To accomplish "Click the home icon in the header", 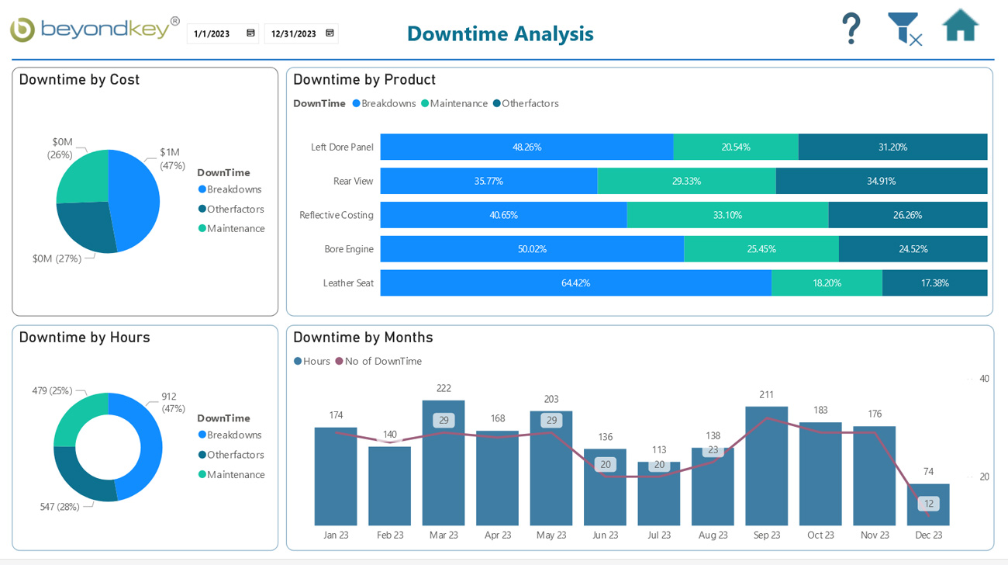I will pyautogui.click(x=960, y=26).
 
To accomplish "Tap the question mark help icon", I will pyautogui.click(x=851, y=29).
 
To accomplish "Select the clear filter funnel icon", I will pyautogui.click(x=904, y=29).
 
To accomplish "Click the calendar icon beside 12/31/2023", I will pyautogui.click(x=330, y=33).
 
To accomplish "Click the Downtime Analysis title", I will pyautogui.click(x=500, y=33).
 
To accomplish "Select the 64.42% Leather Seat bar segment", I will pyautogui.click(x=575, y=283).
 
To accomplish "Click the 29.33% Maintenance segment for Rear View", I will pyautogui.click(x=686, y=181).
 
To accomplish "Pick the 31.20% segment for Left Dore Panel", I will pyautogui.click(x=892, y=147).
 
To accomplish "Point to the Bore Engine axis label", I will pyautogui.click(x=348, y=249).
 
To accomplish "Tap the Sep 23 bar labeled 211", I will pyautogui.click(x=766, y=466).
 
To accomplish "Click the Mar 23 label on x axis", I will pyautogui.click(x=444, y=536).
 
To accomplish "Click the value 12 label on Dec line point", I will pyautogui.click(x=929, y=504).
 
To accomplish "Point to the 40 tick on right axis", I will pyautogui.click(x=984, y=379).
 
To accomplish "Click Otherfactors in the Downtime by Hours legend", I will pyautogui.click(x=235, y=455).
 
